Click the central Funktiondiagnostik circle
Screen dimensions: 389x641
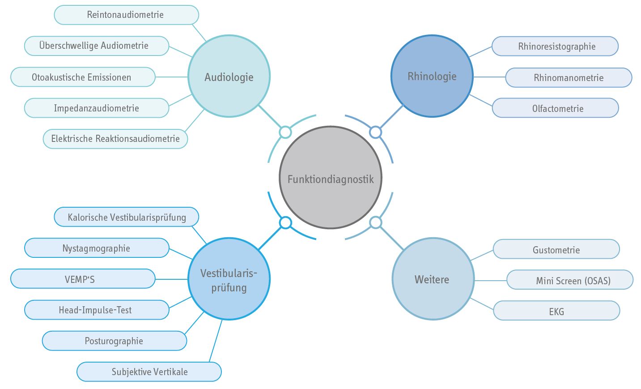point(331,178)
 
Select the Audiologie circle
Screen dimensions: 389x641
point(229,77)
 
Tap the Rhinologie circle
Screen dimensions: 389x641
point(432,76)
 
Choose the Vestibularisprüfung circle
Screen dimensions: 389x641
point(229,279)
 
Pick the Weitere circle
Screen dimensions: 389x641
point(433,279)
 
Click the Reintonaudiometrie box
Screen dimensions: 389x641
point(126,15)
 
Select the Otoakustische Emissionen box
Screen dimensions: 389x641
point(83,77)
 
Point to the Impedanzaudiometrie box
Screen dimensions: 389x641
point(97,108)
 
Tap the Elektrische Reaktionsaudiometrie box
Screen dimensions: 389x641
point(115,139)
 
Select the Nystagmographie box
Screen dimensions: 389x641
point(97,248)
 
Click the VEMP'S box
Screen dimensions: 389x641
point(83,279)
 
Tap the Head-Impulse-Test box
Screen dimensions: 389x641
point(97,310)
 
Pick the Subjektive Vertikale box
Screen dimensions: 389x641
point(149,372)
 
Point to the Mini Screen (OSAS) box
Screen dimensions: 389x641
point(570,280)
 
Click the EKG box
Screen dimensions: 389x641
point(556,311)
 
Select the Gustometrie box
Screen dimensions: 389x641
point(556,249)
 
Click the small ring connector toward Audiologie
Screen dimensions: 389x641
point(285,132)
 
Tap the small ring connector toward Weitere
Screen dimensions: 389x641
point(376,222)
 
